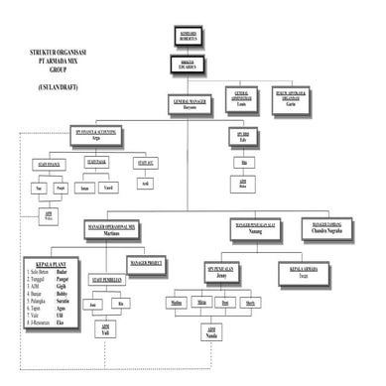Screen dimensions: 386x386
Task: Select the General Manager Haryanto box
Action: (190, 102)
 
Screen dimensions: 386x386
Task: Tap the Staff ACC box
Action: (145, 163)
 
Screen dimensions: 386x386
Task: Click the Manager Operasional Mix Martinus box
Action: (125, 229)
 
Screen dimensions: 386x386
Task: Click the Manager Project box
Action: (146, 263)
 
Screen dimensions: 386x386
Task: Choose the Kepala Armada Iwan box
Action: (305, 271)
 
